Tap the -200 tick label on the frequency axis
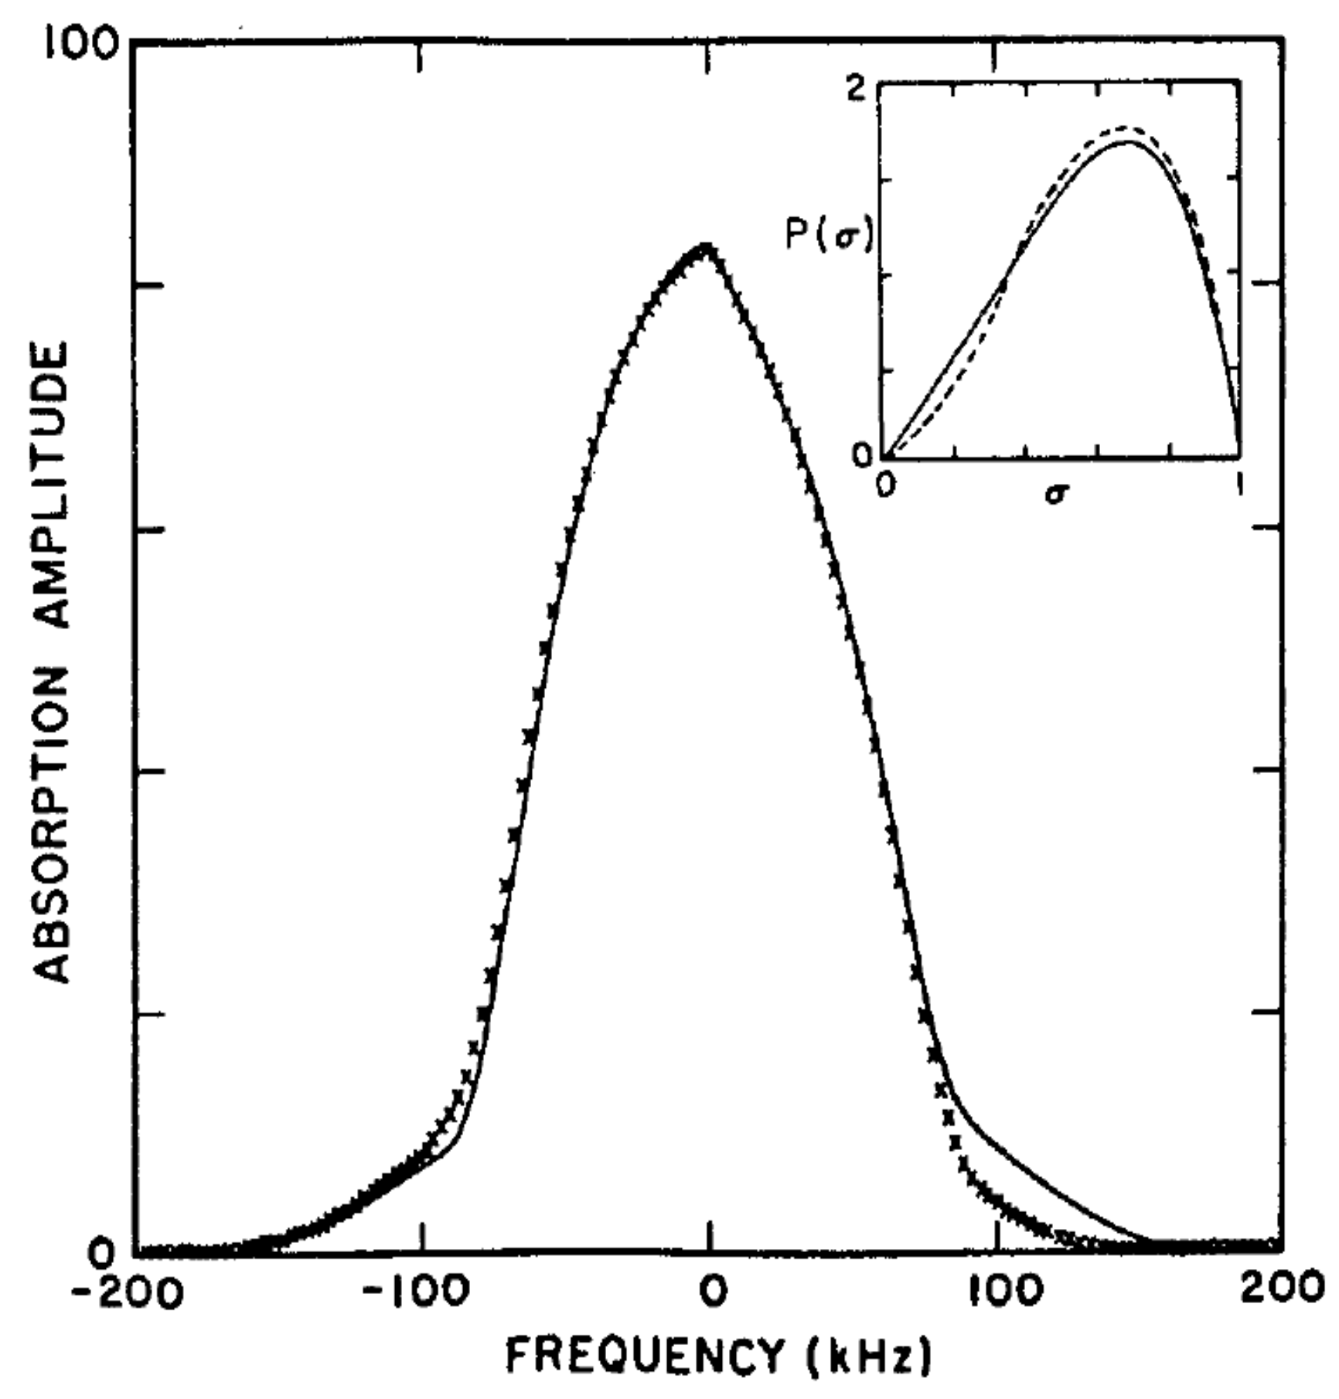[x=128, y=1292]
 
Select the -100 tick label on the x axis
[x=416, y=1292]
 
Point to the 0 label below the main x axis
[x=712, y=1292]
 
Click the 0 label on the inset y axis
[x=861, y=455]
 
